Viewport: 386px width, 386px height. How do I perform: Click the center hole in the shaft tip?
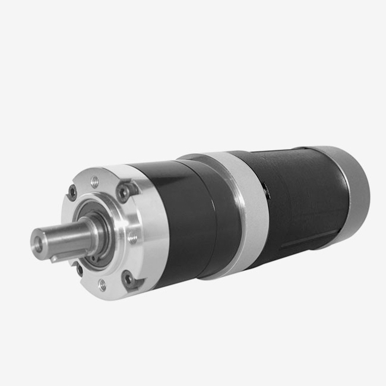39,242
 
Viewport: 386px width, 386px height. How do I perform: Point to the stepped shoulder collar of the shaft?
89,228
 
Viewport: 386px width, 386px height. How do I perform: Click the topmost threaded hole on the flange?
94,182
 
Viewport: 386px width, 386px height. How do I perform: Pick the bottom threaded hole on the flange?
103,285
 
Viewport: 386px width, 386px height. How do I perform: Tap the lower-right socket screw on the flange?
126,277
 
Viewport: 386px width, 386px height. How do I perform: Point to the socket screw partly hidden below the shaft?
79,268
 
